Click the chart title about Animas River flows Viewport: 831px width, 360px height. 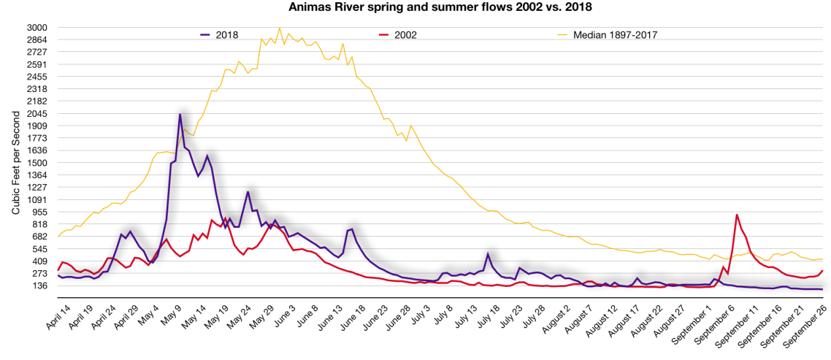pos(415,8)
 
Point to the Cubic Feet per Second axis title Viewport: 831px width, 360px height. pos(15,156)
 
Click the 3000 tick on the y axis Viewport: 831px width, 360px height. pos(37,28)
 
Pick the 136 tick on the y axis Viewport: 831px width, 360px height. pos(39,286)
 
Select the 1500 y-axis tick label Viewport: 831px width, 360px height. pos(37,163)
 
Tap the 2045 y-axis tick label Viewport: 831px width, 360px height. pos(37,114)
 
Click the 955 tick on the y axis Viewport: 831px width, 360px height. pos(39,212)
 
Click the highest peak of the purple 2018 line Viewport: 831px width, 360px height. pos(180,114)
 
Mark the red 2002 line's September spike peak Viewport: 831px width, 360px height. pos(737,215)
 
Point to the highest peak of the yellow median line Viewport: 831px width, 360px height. pos(280,28)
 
